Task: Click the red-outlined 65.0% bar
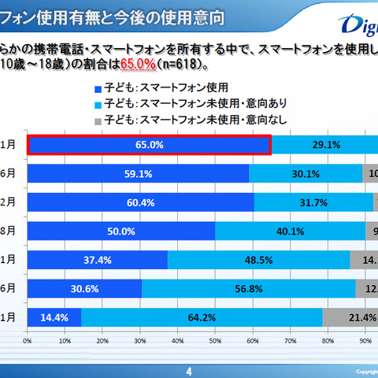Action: (150, 144)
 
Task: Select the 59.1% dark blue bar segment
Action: (139, 173)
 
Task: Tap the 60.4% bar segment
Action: (141, 202)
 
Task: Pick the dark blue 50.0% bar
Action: (121, 231)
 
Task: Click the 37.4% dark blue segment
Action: (98, 260)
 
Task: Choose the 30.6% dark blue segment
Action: (85, 289)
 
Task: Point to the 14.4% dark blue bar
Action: (54, 317)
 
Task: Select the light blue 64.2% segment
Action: (202, 317)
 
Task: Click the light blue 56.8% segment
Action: (248, 289)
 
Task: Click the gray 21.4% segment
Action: (350, 317)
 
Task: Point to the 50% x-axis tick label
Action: (215, 341)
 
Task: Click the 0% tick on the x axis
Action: (28, 341)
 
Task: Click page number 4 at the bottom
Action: (188, 370)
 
